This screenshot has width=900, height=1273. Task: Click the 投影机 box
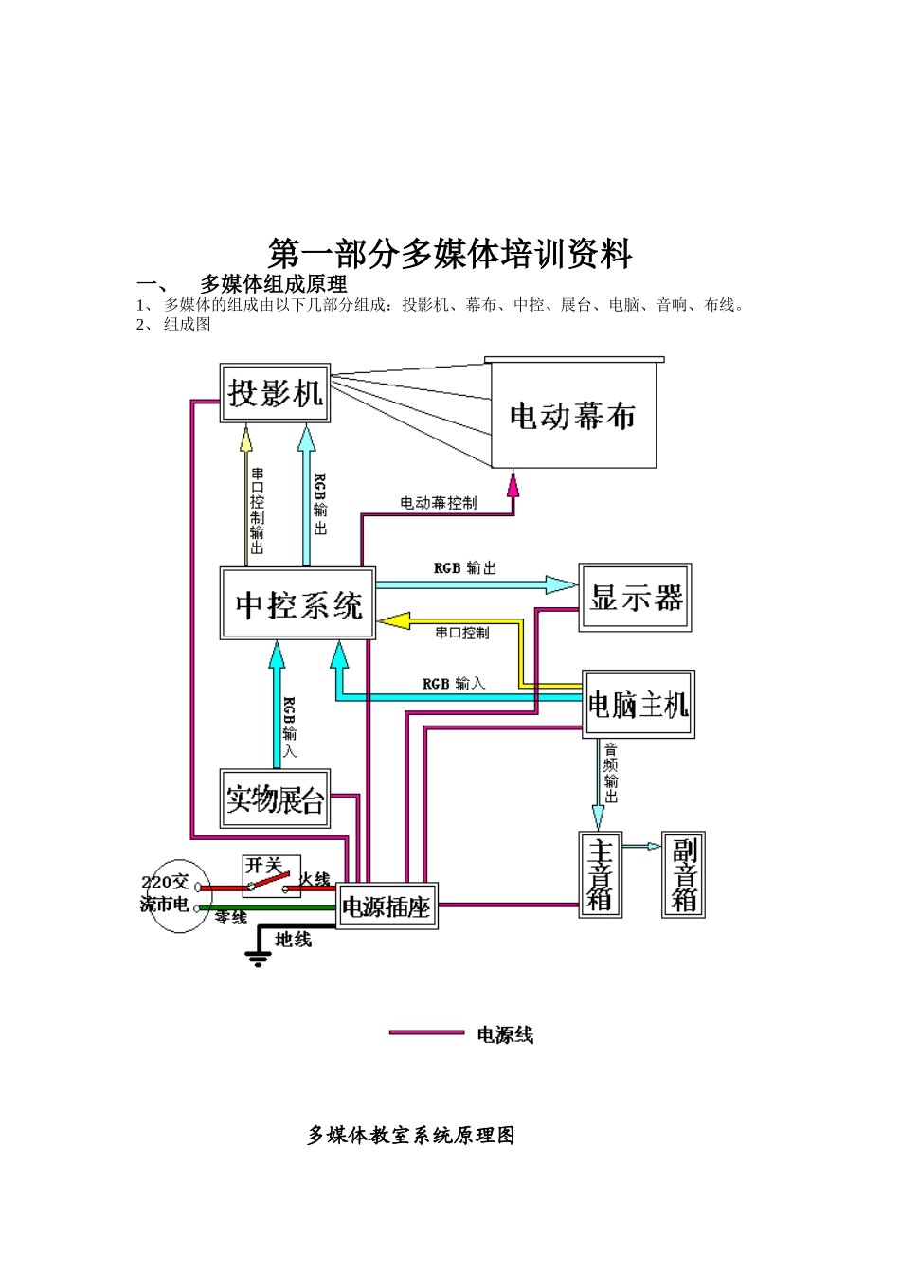point(275,392)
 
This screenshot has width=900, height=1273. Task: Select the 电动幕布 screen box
point(573,416)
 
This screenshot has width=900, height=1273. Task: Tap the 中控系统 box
point(297,603)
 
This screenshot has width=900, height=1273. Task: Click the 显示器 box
point(636,598)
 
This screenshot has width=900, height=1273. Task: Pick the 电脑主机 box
point(639,705)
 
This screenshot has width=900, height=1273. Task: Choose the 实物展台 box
point(275,798)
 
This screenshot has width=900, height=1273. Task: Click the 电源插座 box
point(387,906)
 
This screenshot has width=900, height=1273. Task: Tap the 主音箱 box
point(600,874)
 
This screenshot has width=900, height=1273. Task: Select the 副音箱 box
point(683,874)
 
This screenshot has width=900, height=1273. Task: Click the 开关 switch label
point(263,865)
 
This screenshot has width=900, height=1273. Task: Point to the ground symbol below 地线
point(258,958)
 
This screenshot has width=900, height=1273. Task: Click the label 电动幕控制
point(438,503)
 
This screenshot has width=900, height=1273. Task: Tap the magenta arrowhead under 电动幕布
point(513,484)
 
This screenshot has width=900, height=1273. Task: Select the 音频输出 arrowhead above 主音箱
point(598,816)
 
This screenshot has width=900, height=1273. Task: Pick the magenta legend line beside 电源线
point(426,1032)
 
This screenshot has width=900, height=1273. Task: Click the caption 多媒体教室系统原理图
point(411,1135)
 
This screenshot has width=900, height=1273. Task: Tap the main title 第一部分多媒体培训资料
point(450,254)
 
